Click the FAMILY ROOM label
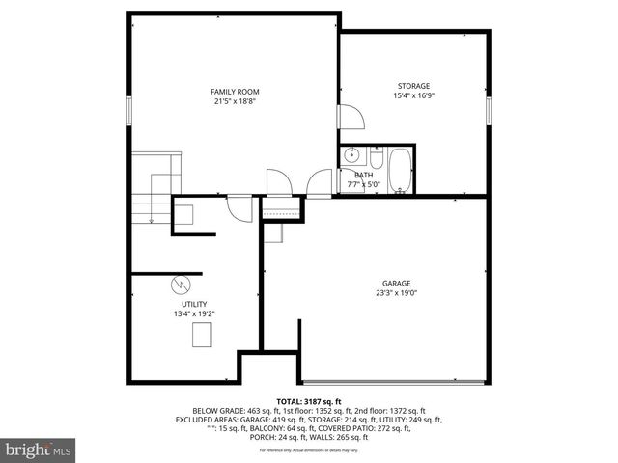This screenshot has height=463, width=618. (x=236, y=92)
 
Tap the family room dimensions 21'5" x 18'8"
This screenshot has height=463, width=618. (x=236, y=101)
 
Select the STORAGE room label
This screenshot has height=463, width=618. (x=413, y=86)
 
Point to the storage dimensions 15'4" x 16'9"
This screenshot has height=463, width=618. (x=413, y=95)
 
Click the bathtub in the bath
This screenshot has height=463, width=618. (x=398, y=170)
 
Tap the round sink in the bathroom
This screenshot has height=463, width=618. (x=351, y=155)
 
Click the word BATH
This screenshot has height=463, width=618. (x=363, y=175)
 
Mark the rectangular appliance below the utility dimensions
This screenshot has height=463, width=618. (x=203, y=336)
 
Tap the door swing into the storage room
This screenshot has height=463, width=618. (x=350, y=117)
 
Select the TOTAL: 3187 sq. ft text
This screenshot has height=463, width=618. (x=309, y=400)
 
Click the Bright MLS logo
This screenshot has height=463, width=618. (x=39, y=449)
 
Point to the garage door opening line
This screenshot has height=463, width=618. (x=391, y=380)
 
